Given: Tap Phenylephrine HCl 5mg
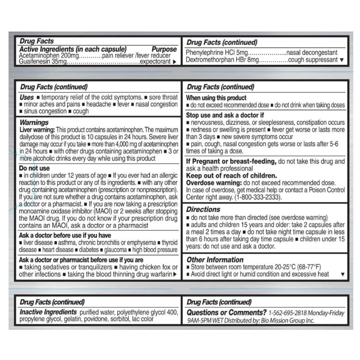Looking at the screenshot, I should tap(211, 53).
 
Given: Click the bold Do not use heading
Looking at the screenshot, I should tap(34, 168).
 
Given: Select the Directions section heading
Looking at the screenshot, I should tap(203, 209).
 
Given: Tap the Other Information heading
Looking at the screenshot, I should tap(215, 260).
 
